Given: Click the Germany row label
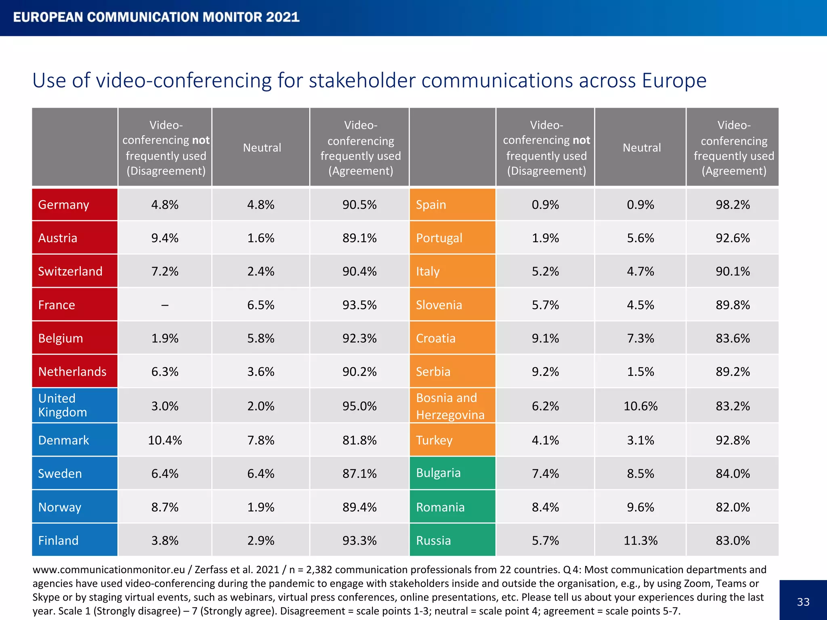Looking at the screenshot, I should (63, 205).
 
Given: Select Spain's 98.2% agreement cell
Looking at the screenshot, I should (733, 205).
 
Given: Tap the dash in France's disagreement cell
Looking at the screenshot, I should (165, 305).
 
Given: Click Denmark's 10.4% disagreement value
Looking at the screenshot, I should (165, 440).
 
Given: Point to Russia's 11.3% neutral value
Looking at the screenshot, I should (640, 540).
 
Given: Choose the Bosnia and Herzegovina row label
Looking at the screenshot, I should (450, 406).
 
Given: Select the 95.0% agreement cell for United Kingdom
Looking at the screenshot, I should (359, 406).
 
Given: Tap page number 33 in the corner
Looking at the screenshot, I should (803, 602).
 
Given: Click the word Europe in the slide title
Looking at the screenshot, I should (674, 80).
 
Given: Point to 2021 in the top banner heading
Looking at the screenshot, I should (283, 17).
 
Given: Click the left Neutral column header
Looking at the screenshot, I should (262, 148).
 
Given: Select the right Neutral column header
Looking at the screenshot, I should (642, 148).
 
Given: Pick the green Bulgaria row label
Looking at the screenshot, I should (438, 473).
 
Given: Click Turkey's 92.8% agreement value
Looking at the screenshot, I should (733, 440).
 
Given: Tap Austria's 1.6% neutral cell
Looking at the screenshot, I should (261, 238).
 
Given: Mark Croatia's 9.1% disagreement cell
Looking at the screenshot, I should (545, 338).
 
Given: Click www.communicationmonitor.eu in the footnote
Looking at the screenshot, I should (109, 570).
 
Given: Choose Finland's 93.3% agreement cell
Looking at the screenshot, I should (359, 540).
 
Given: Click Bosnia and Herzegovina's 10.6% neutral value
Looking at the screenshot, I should (640, 406).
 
